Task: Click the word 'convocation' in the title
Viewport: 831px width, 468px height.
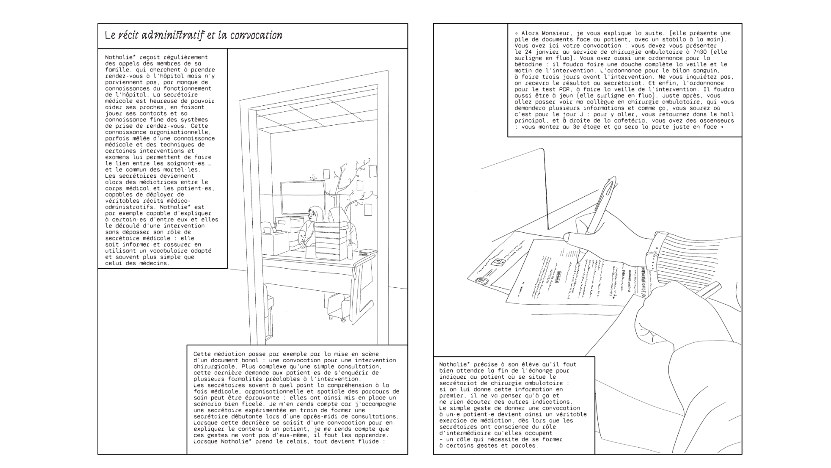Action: pos(256,36)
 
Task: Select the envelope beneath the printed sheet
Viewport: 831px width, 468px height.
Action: pos(498,264)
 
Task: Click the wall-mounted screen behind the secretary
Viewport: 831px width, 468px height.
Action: pos(303,197)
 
